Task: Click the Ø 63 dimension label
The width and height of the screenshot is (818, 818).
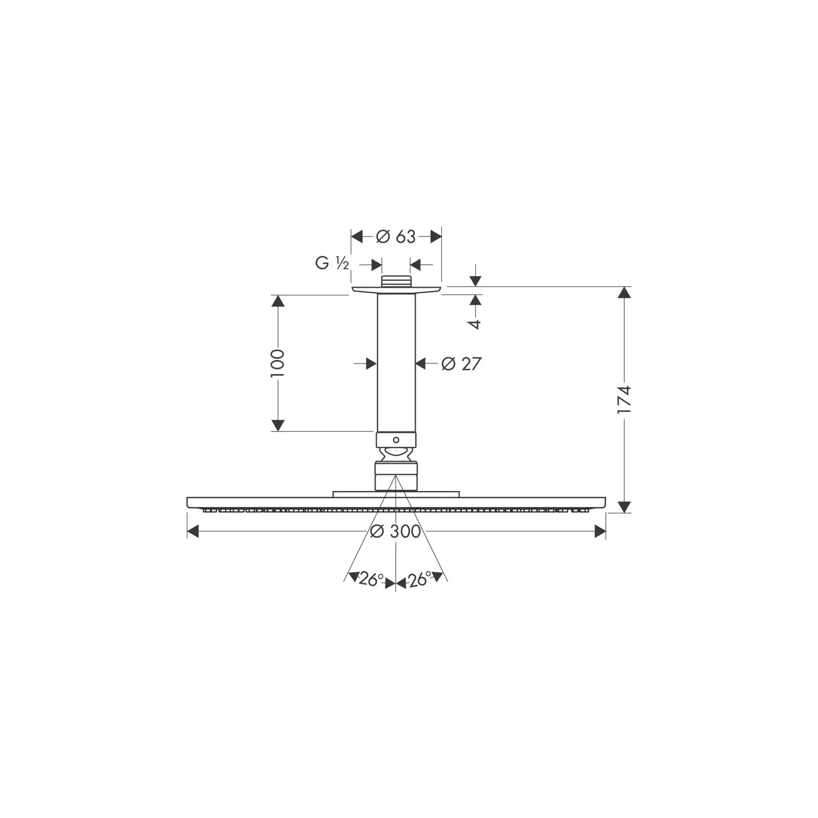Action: [x=396, y=237]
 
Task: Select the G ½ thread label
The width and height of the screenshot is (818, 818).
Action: [x=332, y=263]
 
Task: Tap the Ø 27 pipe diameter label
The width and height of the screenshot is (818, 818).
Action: [x=461, y=364]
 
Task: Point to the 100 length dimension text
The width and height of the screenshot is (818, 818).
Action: [x=277, y=363]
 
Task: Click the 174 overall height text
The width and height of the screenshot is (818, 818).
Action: [x=624, y=400]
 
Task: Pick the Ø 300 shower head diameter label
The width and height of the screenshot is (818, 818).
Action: [x=396, y=531]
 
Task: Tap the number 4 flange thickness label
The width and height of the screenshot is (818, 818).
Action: [x=475, y=324]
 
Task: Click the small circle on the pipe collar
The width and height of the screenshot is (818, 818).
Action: [x=396, y=440]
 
